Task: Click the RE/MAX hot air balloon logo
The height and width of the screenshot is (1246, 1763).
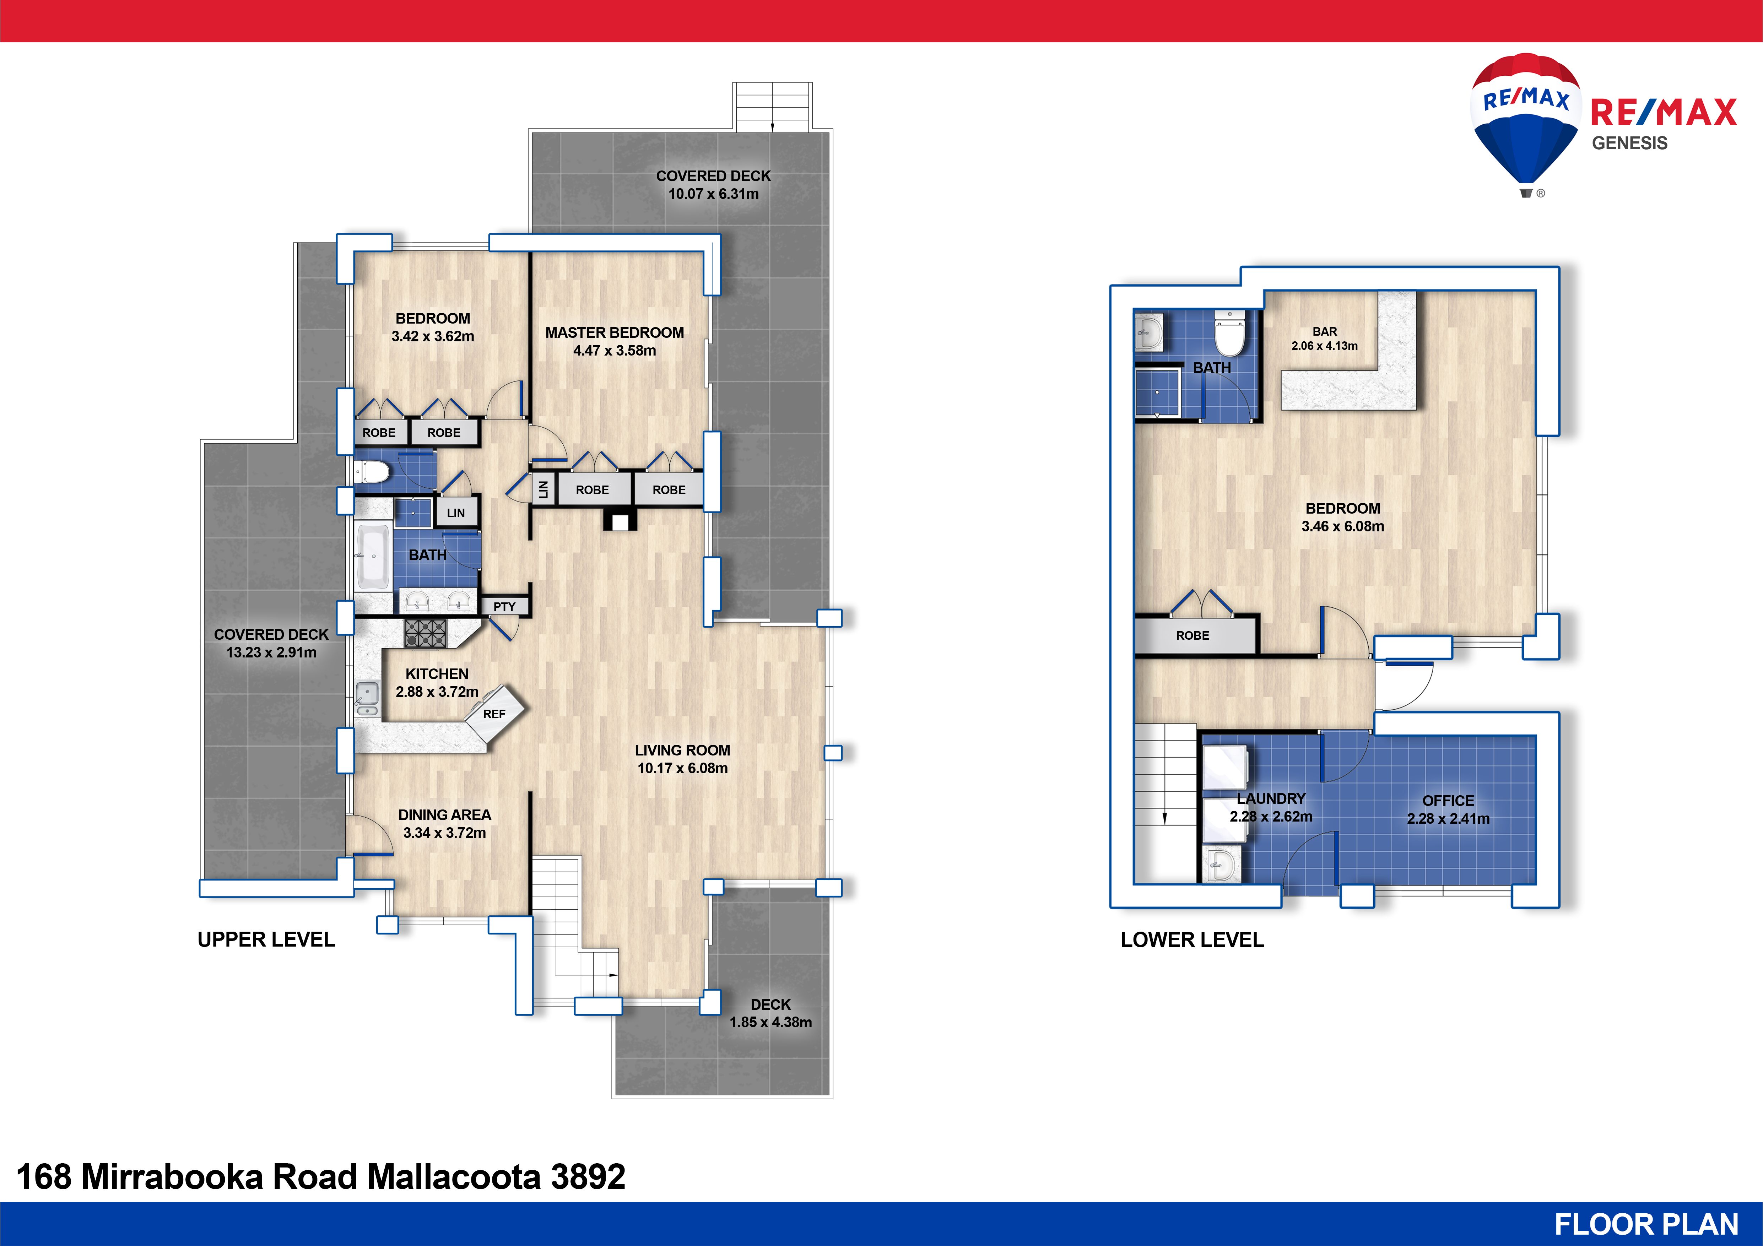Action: point(1525,123)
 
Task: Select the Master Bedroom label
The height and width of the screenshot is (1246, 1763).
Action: point(614,332)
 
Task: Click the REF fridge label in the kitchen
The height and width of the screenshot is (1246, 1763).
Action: point(494,714)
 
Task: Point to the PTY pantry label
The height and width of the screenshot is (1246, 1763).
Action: point(504,607)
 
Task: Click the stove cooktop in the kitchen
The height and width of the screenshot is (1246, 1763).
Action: point(426,633)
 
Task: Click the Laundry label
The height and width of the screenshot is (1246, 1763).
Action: point(1271,798)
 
